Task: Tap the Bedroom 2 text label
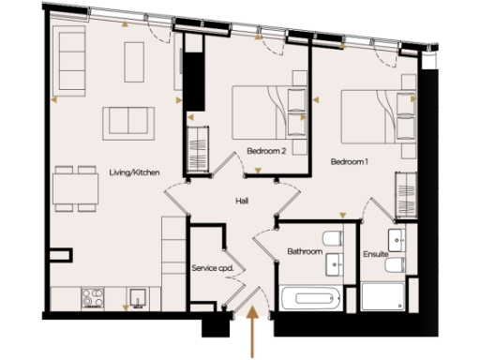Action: pos(266,150)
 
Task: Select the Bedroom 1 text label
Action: pos(349,161)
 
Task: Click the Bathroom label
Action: pos(305,252)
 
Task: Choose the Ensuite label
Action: pos(375,253)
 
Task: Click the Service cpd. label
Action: pos(212,268)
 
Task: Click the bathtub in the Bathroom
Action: pos(312,300)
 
